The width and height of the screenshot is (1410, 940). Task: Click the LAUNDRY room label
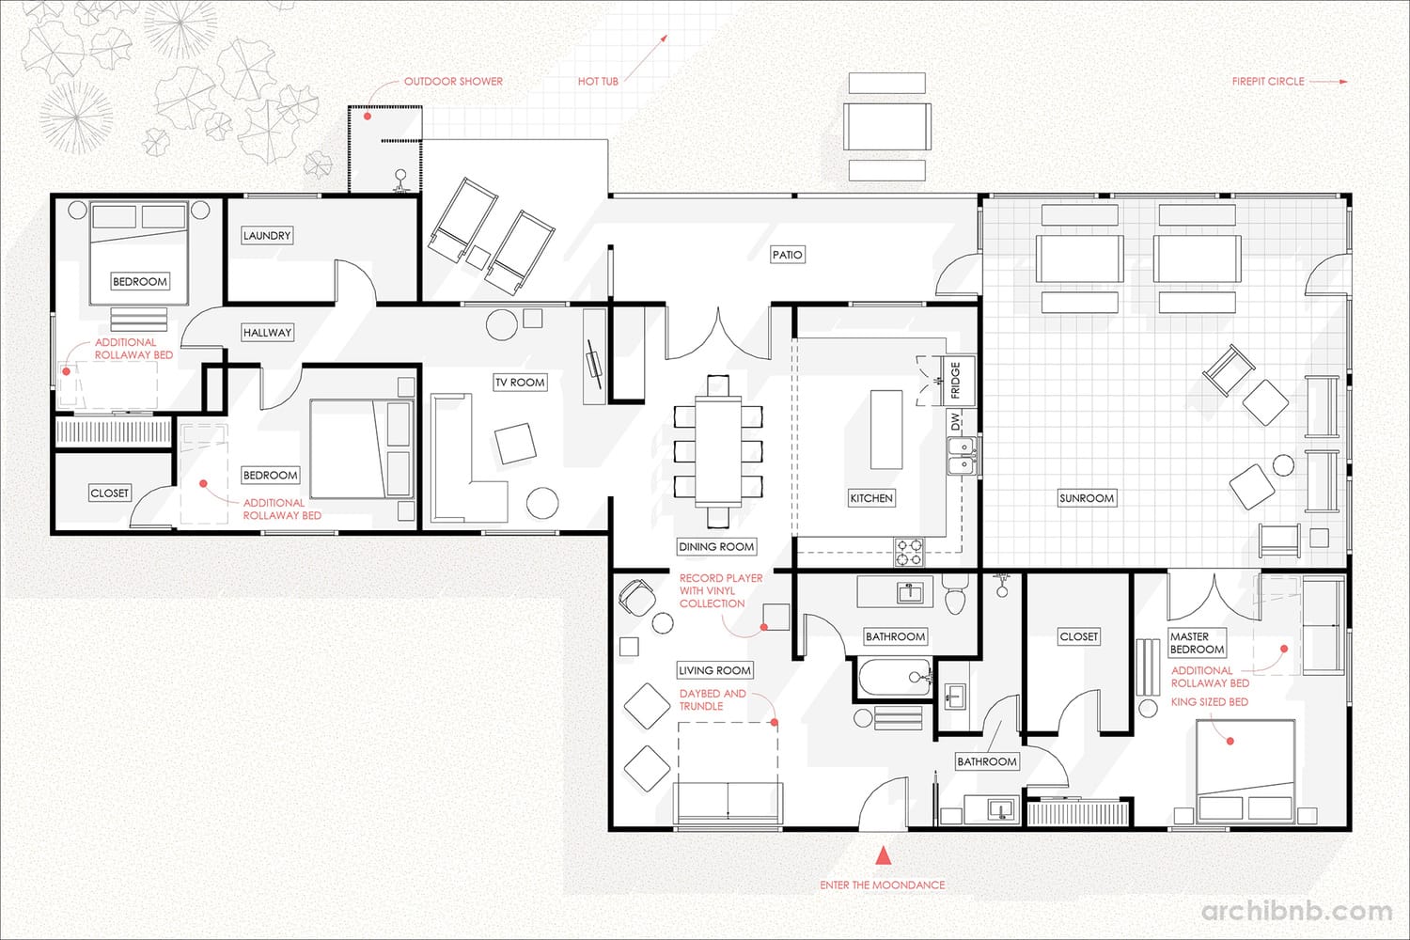[x=267, y=236]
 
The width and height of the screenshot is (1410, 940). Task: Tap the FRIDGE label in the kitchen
[x=955, y=381]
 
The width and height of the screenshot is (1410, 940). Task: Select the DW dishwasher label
[x=956, y=421]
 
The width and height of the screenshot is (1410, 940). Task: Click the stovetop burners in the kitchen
[x=909, y=552]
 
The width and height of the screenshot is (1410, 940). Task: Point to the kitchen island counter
[x=886, y=430]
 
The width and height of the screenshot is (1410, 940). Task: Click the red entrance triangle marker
[x=884, y=854]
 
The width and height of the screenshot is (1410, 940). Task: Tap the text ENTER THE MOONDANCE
[x=882, y=885]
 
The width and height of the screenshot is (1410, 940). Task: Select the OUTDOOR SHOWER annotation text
[x=453, y=81]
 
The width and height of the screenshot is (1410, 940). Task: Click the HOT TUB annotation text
[x=598, y=81]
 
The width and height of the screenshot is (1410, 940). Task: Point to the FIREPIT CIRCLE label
[x=1268, y=81]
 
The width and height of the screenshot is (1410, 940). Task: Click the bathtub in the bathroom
[x=895, y=678]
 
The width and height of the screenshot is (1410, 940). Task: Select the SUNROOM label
[x=1087, y=498]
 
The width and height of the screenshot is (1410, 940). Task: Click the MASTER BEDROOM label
[x=1197, y=643]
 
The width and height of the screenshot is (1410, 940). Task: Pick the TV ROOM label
[x=520, y=383]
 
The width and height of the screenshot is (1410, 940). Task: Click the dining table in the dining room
[x=718, y=450]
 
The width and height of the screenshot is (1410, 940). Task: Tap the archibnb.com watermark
[x=1296, y=911]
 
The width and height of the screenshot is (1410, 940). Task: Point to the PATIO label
[x=788, y=255]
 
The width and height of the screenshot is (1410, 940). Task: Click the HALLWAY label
[x=268, y=333]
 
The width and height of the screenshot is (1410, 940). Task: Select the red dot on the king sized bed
[x=1230, y=741]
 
